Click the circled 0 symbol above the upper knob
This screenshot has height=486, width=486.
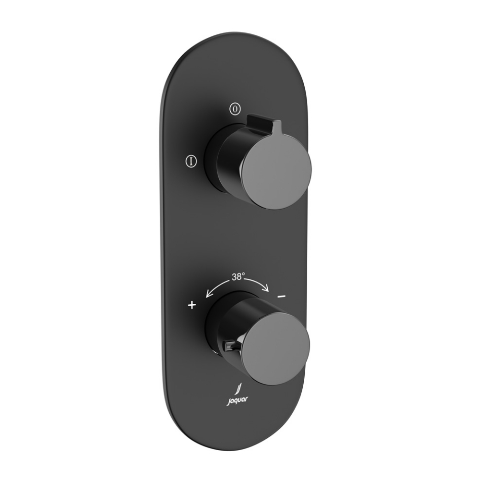(x=234, y=108)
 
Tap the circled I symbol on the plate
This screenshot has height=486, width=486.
(x=191, y=161)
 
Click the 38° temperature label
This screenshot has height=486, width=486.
(x=238, y=276)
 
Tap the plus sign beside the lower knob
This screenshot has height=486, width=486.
(x=192, y=305)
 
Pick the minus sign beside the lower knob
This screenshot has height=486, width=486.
(x=282, y=296)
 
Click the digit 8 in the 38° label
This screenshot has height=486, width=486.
(x=240, y=277)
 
